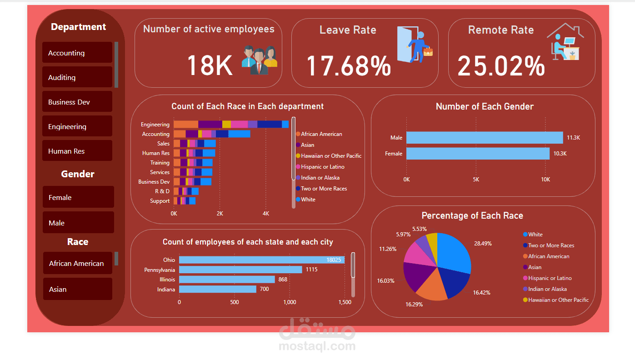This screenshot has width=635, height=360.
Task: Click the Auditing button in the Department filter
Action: click(77, 77)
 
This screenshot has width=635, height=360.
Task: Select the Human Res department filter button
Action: click(77, 151)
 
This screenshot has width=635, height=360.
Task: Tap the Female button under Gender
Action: click(78, 197)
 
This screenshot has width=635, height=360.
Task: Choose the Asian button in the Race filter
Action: click(77, 289)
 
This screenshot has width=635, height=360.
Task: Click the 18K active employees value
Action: click(210, 65)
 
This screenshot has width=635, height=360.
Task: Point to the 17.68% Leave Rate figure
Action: click(348, 65)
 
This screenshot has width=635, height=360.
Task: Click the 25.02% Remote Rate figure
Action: click(501, 65)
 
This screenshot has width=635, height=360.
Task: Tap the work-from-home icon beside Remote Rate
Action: click(565, 42)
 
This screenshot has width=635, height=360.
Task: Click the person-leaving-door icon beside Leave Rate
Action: click(414, 44)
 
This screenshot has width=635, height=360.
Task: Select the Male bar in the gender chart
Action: click(484, 138)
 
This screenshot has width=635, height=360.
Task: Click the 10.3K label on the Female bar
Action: click(560, 154)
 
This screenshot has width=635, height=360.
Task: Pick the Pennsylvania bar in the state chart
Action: click(240, 270)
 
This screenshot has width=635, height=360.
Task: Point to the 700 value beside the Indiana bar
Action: click(264, 289)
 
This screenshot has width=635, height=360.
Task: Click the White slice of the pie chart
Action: click(455, 252)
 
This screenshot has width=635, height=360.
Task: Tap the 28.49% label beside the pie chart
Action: click(483, 244)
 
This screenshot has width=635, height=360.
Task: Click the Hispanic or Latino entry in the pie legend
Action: click(550, 278)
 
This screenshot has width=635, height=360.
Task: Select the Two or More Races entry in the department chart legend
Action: click(324, 189)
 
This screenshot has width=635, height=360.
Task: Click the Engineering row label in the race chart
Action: click(155, 125)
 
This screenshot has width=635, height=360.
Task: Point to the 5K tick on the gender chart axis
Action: click(476, 179)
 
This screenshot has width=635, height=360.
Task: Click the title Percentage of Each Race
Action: click(472, 215)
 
